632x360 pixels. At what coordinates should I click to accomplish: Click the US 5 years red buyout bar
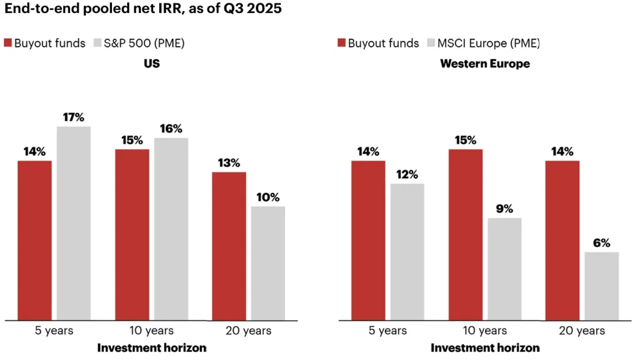(x=34, y=240)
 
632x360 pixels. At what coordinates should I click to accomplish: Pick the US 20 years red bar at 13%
(x=229, y=246)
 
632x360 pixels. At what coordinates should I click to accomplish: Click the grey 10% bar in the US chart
(x=268, y=263)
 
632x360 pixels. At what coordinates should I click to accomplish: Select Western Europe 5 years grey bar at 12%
(x=407, y=252)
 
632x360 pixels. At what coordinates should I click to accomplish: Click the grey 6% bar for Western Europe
(x=601, y=286)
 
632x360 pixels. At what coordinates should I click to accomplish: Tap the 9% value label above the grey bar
(x=504, y=209)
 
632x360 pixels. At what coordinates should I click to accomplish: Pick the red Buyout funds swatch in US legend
(x=9, y=43)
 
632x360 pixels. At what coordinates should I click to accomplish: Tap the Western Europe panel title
(x=485, y=63)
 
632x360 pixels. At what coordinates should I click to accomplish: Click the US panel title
(x=151, y=63)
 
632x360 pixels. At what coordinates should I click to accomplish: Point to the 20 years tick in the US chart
(x=249, y=331)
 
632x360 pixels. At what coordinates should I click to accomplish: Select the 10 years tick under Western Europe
(x=485, y=331)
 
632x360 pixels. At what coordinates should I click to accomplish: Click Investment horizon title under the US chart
(x=151, y=348)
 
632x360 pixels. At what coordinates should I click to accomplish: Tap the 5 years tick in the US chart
(x=54, y=331)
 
